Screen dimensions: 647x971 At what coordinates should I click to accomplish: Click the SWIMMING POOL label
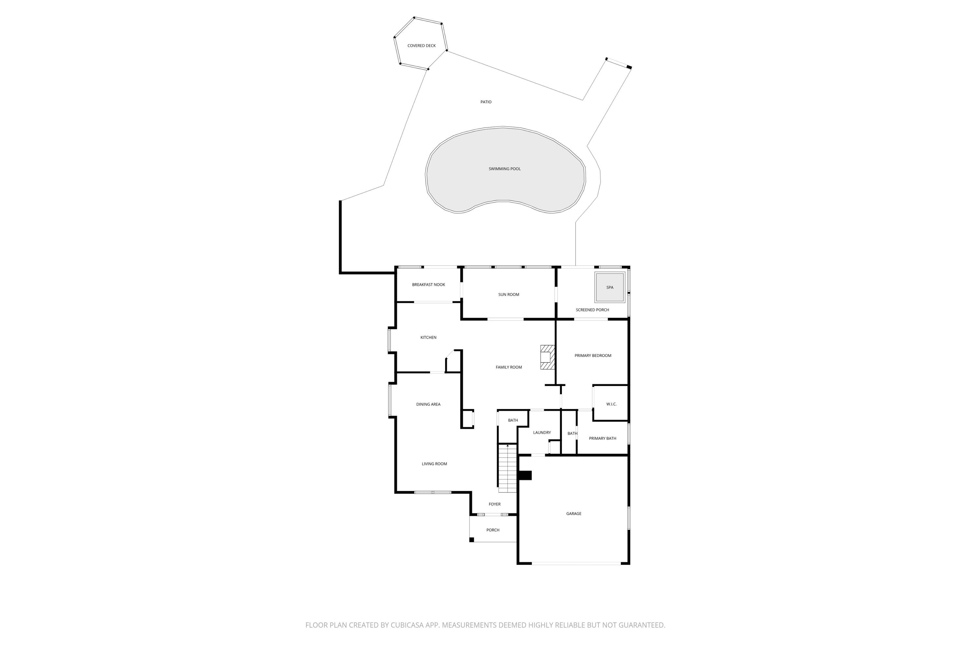[x=505, y=169]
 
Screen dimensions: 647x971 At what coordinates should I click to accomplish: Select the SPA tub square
[x=609, y=287]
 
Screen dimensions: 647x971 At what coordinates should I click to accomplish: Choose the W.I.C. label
[x=611, y=404]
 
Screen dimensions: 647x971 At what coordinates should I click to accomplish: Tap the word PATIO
[x=486, y=102]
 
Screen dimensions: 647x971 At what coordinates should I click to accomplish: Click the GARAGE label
[x=574, y=514]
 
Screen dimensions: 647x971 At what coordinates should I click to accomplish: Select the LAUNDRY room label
[x=541, y=433]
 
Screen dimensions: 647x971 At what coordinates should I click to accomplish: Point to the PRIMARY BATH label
[x=602, y=438]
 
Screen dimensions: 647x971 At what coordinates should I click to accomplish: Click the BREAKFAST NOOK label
[x=429, y=285]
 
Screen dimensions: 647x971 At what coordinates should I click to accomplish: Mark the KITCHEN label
[x=428, y=337]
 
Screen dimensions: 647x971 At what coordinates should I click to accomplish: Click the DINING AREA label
[x=428, y=404]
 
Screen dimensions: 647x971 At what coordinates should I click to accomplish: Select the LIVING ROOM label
[x=434, y=464]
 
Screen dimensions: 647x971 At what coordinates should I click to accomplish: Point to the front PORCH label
[x=493, y=530]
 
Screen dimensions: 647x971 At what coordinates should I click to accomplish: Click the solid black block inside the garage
[x=525, y=475]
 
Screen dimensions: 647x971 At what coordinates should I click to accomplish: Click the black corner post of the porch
[x=472, y=539]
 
